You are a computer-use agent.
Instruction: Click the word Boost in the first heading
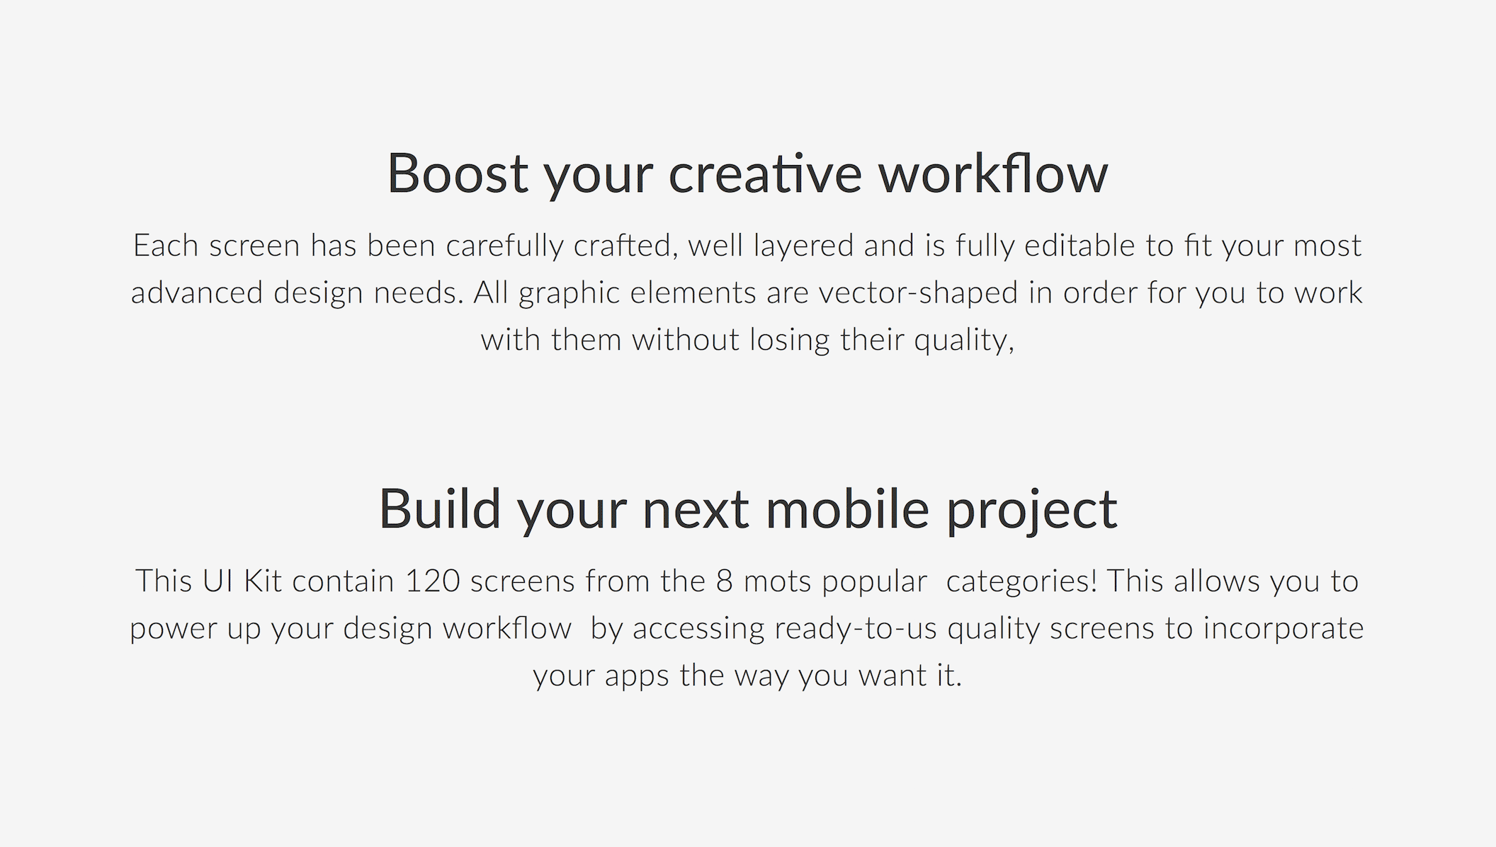[458, 173]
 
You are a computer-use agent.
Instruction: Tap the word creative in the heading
[765, 173]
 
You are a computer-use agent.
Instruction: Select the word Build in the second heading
[440, 508]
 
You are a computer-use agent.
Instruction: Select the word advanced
[197, 292]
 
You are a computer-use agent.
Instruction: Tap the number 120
[433, 581]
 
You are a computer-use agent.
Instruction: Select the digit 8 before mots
[724, 581]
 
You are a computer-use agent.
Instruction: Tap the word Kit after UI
[263, 581]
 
